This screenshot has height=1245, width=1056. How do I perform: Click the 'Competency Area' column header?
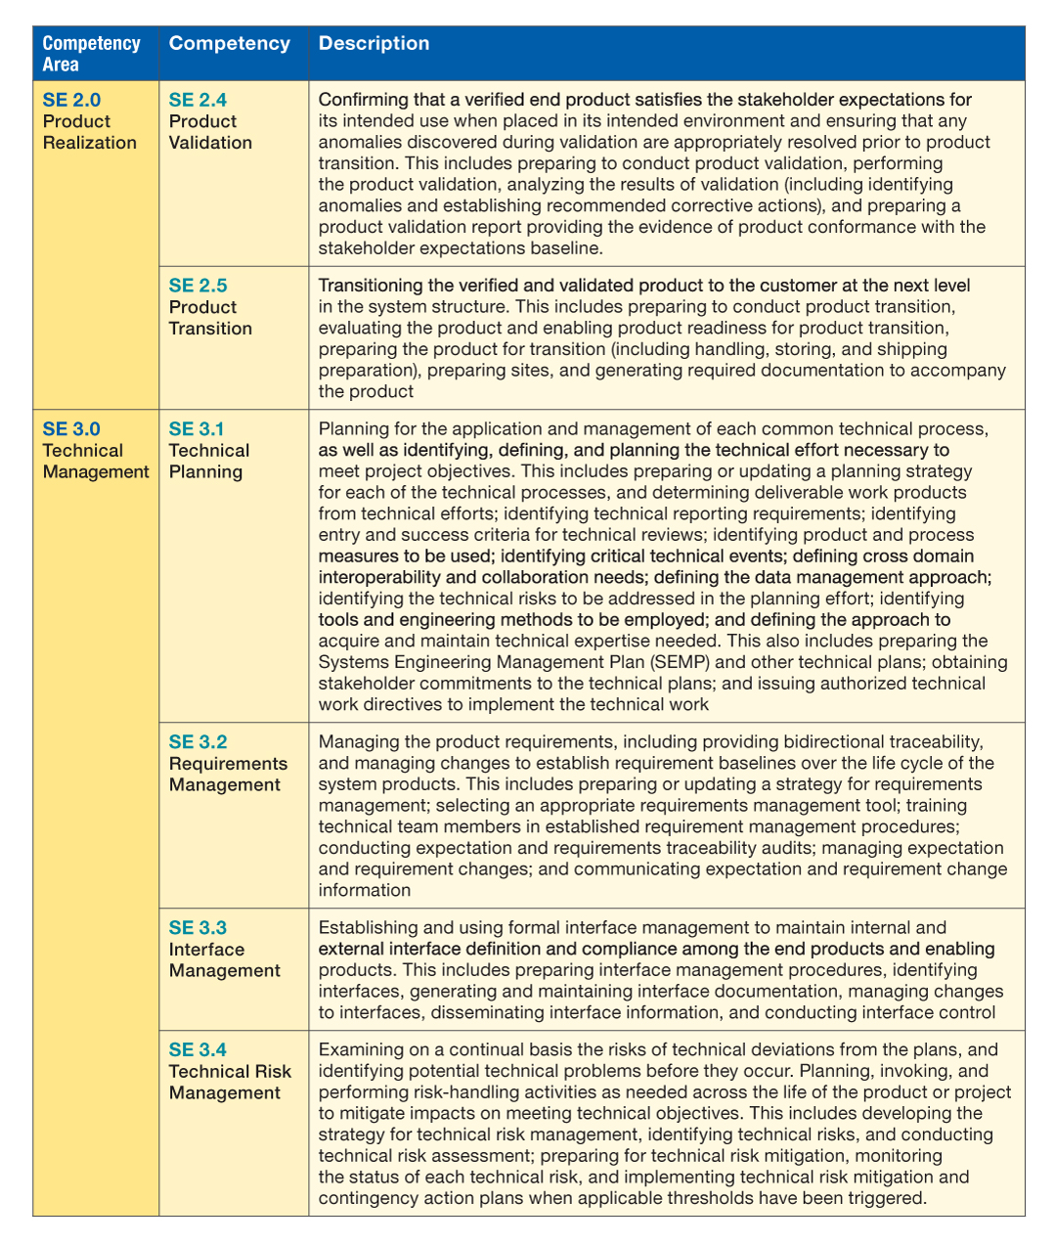tap(91, 54)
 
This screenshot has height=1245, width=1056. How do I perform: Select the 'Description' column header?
tap(374, 43)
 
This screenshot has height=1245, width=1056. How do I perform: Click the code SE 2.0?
tap(71, 100)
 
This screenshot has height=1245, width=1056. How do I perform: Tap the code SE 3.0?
tap(71, 429)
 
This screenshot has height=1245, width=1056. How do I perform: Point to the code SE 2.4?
tap(198, 100)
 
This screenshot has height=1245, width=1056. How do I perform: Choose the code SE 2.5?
tap(198, 286)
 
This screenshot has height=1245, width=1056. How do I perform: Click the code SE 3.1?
tap(197, 429)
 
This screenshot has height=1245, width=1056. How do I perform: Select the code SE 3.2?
tap(198, 742)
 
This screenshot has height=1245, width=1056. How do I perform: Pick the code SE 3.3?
tap(198, 928)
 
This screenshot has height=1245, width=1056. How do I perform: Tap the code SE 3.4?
tap(198, 1050)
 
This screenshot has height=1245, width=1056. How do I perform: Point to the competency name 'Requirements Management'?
tap(228, 775)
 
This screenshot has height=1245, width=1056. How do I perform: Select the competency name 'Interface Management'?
tap(224, 960)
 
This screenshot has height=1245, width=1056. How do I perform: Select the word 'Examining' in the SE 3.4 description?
tap(360, 1050)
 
